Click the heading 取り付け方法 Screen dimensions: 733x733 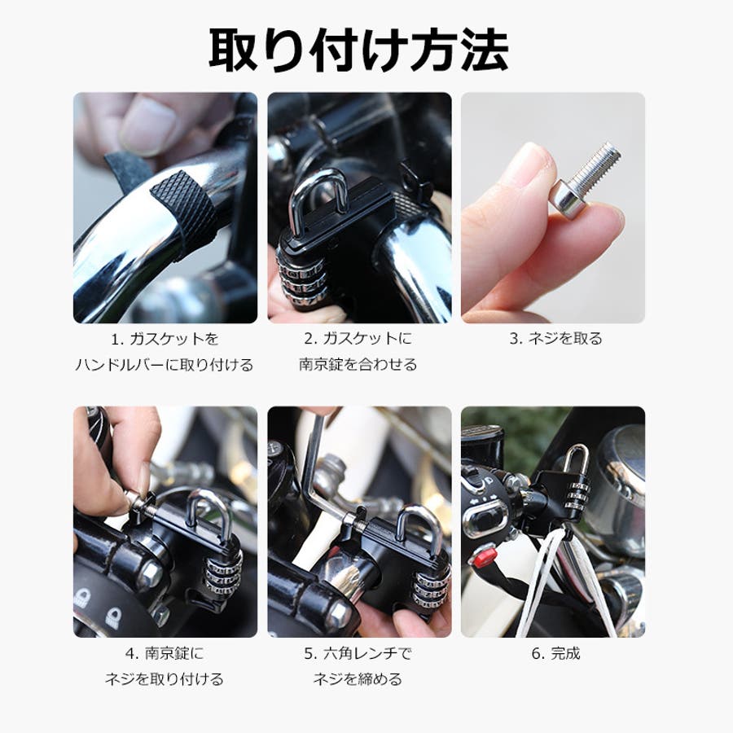(358, 50)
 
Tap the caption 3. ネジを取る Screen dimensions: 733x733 (555, 339)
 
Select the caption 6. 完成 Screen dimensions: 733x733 (555, 653)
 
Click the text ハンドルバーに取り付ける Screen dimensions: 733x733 (165, 365)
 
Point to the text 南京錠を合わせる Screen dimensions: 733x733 (358, 365)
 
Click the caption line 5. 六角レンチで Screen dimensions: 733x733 (358, 653)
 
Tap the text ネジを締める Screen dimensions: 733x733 (358, 678)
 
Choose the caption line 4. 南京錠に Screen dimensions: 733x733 (165, 653)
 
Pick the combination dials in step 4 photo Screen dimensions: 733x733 (222, 571)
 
